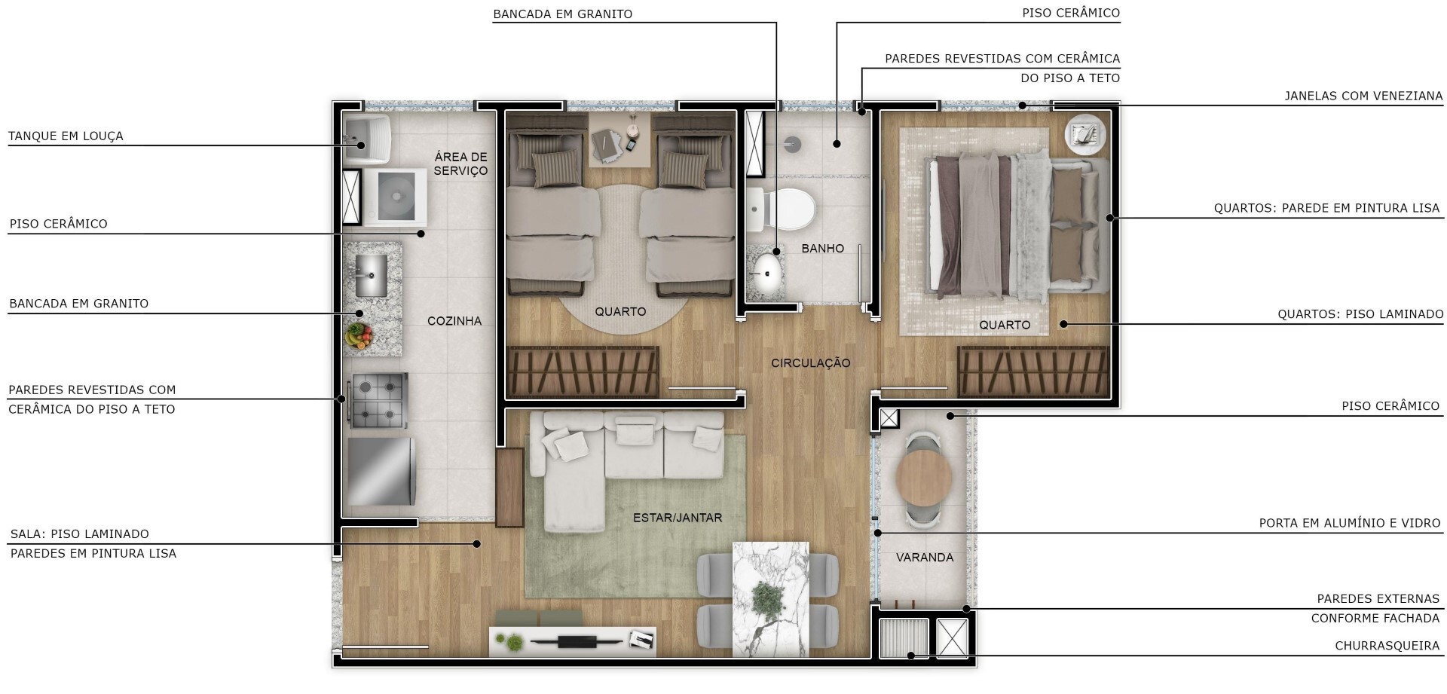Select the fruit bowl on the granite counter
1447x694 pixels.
(x=359, y=335)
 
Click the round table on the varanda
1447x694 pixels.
(x=924, y=478)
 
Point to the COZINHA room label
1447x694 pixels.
(x=454, y=321)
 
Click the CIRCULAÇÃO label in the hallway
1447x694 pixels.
(x=810, y=363)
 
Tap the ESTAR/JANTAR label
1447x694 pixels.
(x=678, y=518)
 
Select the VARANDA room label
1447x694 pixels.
(x=925, y=558)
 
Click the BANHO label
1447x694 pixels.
(x=822, y=249)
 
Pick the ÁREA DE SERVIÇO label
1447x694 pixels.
(x=460, y=164)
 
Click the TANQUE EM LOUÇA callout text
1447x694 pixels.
(x=66, y=136)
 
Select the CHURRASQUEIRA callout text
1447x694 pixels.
(x=1387, y=646)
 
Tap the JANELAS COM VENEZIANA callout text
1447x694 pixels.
(x=1363, y=96)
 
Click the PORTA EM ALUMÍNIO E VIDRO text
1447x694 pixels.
(x=1350, y=523)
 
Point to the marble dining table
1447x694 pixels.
(x=770, y=599)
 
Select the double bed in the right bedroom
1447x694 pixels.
(x=1019, y=226)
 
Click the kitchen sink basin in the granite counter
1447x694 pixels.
(x=371, y=276)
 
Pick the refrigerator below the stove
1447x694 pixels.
(x=381, y=472)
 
